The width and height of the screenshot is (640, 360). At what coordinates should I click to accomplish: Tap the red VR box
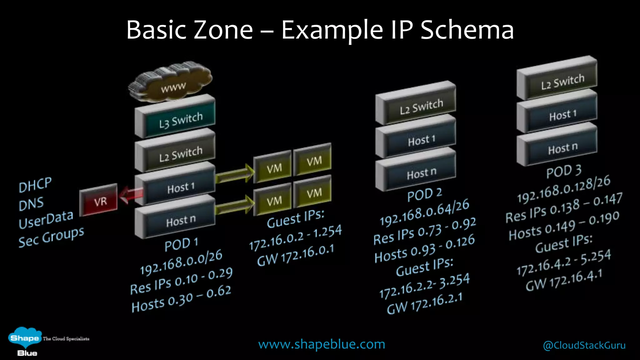99,200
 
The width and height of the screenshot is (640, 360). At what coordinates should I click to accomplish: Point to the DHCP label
35,185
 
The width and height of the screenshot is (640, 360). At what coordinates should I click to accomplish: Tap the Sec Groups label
51,237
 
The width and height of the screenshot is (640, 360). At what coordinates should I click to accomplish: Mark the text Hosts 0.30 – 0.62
181,299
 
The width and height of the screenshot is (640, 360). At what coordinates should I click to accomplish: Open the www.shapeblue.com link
322,344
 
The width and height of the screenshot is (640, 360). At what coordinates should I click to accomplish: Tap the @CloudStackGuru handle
584,345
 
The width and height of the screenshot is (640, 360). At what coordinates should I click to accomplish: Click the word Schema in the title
467,30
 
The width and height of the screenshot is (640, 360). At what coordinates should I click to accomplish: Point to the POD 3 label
564,171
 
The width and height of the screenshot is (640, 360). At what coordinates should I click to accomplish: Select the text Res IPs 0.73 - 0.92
424,231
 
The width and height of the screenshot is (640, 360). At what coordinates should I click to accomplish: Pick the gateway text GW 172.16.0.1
296,255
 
